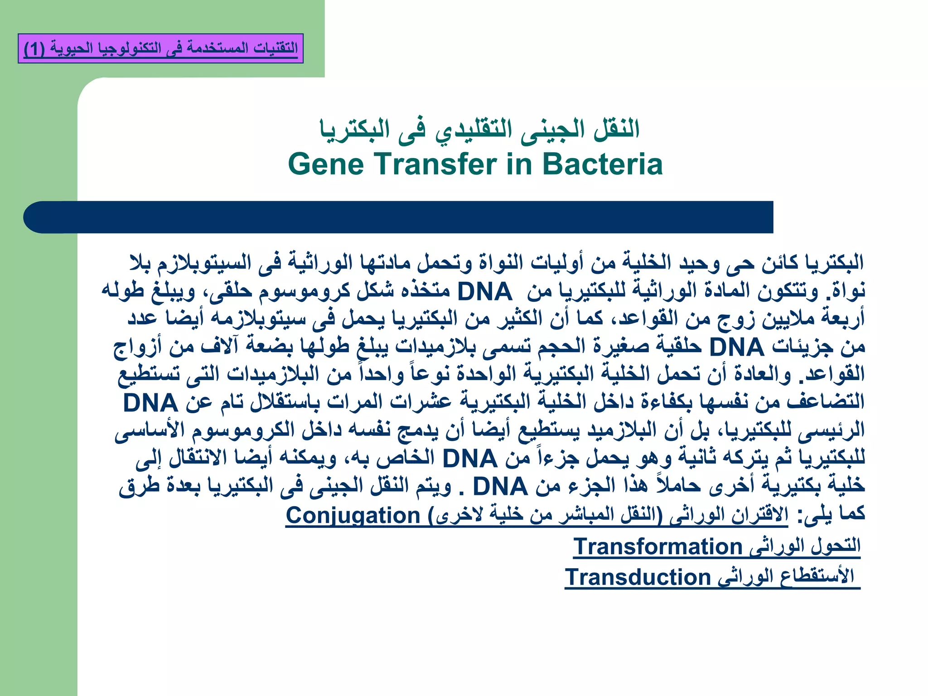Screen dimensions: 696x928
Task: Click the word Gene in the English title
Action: tap(325, 164)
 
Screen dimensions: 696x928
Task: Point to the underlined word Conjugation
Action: tap(353, 516)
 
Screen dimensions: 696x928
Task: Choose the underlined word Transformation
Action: tap(657, 546)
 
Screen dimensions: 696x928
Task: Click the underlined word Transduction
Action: tap(638, 577)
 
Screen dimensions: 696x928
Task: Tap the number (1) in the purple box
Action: tap(34, 48)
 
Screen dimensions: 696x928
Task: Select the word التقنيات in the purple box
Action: tap(275, 48)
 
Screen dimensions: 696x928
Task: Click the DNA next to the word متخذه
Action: tap(484, 291)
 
